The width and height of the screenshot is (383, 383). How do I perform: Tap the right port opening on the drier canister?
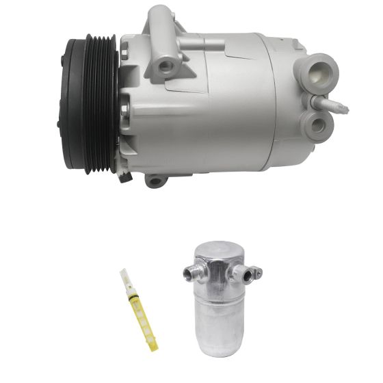pyautogui.click(x=241, y=277)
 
